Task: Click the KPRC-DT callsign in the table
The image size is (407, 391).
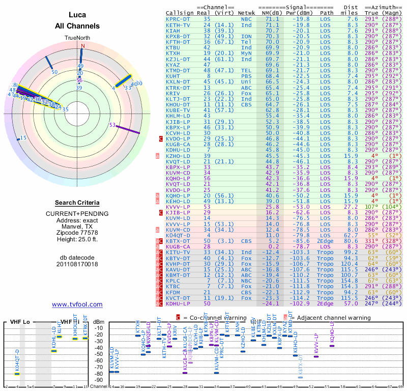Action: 178,19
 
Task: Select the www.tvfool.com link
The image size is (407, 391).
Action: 77,304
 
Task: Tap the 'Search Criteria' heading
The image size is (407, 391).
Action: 77,202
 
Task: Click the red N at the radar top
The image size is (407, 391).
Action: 81,46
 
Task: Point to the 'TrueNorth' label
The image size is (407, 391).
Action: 77,38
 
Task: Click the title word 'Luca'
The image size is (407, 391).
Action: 77,15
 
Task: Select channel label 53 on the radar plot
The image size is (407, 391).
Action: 112,125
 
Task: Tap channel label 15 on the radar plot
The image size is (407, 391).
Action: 23,138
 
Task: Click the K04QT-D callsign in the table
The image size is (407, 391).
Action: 178,236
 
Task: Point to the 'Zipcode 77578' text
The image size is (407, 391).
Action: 77,233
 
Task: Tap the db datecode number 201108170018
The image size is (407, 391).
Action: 77,264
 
